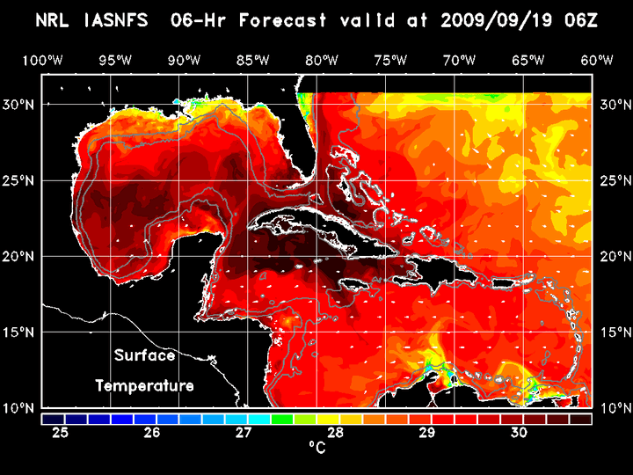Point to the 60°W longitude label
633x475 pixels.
[598, 60]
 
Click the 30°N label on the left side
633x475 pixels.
[21, 104]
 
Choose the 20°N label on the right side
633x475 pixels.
[612, 256]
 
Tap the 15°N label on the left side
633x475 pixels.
[21, 332]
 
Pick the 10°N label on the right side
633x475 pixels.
[612, 408]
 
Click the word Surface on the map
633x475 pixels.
[145, 355]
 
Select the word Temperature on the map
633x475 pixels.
[144, 385]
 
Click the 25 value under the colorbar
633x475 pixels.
[61, 433]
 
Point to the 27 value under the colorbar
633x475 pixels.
[244, 433]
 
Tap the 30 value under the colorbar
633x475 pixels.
[518, 433]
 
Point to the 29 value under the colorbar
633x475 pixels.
[426, 433]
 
